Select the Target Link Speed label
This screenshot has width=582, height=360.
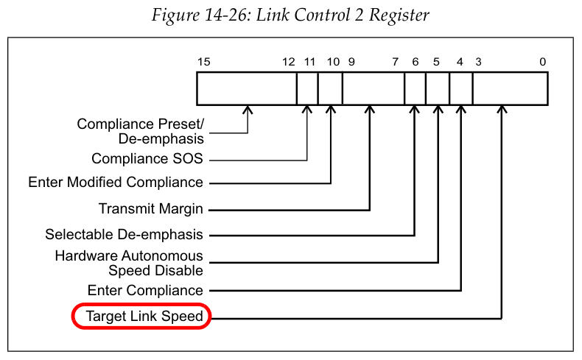(141, 317)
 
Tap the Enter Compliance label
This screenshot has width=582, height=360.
(144, 290)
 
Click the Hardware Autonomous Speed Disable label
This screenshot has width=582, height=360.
(130, 263)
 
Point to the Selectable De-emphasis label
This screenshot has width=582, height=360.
(124, 236)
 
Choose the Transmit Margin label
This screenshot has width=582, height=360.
(150, 209)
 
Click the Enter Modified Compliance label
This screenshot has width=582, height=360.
(115, 182)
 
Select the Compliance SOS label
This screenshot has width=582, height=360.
(147, 158)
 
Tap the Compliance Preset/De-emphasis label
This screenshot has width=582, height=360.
(140, 131)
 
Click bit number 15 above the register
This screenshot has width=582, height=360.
(204, 62)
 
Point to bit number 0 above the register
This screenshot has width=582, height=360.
(542, 62)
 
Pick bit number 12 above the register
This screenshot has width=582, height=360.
(289, 62)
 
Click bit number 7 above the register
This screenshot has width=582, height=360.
(396, 62)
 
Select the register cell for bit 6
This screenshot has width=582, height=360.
(415, 88)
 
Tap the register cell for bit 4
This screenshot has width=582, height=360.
(461, 88)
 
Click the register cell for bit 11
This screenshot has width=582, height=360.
(307, 88)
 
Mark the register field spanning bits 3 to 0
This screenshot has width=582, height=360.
(510, 88)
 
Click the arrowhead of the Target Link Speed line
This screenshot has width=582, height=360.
(502, 110)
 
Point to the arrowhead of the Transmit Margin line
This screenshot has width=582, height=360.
(369, 110)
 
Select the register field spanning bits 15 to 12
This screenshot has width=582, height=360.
(247, 88)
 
